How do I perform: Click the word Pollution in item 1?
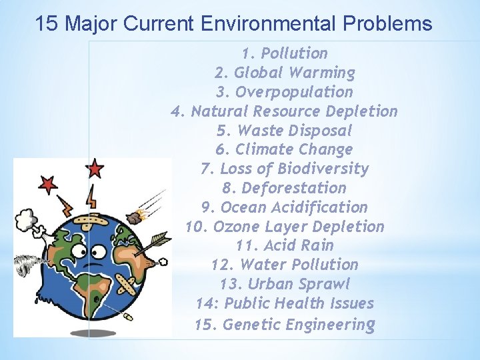tap(294, 53)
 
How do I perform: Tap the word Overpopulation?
tap(294, 92)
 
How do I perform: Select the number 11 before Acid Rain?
tap(247, 245)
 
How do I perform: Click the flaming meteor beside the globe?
tap(139, 215)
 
